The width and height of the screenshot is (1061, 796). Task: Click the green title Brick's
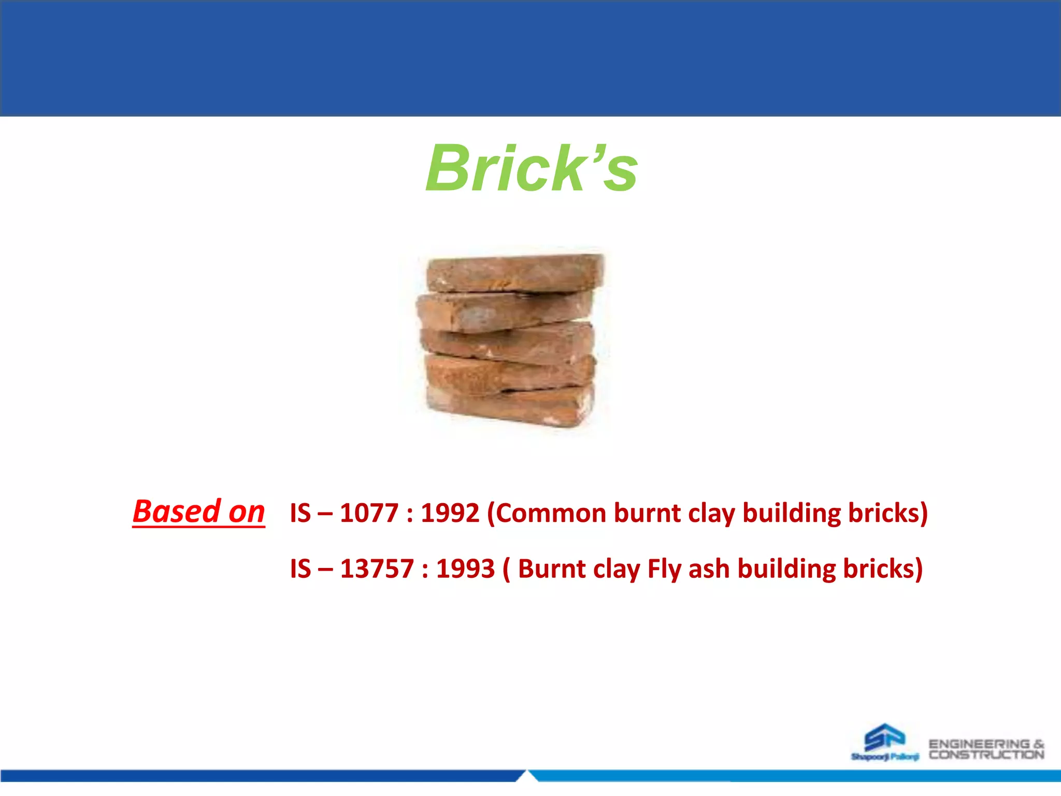pos(531,168)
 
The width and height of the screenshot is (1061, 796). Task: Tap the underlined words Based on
pos(199,511)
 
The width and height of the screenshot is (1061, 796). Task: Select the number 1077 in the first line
pos(369,513)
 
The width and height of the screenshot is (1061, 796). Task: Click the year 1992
pos(450,513)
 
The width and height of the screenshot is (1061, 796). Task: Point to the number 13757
pos(377,568)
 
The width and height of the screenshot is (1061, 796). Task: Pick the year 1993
pos(465,568)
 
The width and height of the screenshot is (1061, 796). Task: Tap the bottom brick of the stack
pos(510,406)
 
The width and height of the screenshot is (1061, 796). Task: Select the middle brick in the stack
pos(508,342)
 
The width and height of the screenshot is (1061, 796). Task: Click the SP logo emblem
pos(885,737)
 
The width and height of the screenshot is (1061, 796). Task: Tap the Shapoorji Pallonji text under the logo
pos(884,757)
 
